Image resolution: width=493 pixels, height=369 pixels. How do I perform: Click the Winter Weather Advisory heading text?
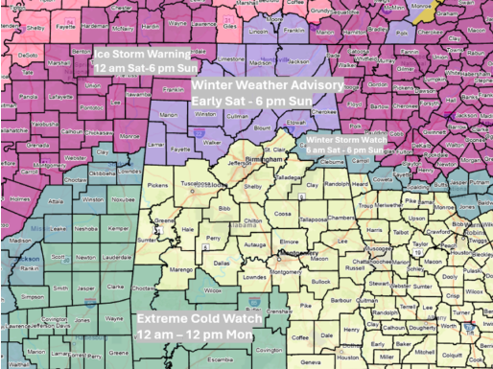pyautogui.click(x=268, y=85)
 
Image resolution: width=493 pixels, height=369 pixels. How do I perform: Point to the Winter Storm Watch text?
pyautogui.click(x=346, y=139)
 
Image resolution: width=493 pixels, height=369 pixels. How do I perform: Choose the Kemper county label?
pyautogui.click(x=92, y=229)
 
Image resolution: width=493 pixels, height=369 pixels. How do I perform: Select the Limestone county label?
pyautogui.click(x=231, y=58)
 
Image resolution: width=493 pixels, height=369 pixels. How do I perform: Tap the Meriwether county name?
pyautogui.click(x=389, y=204)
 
